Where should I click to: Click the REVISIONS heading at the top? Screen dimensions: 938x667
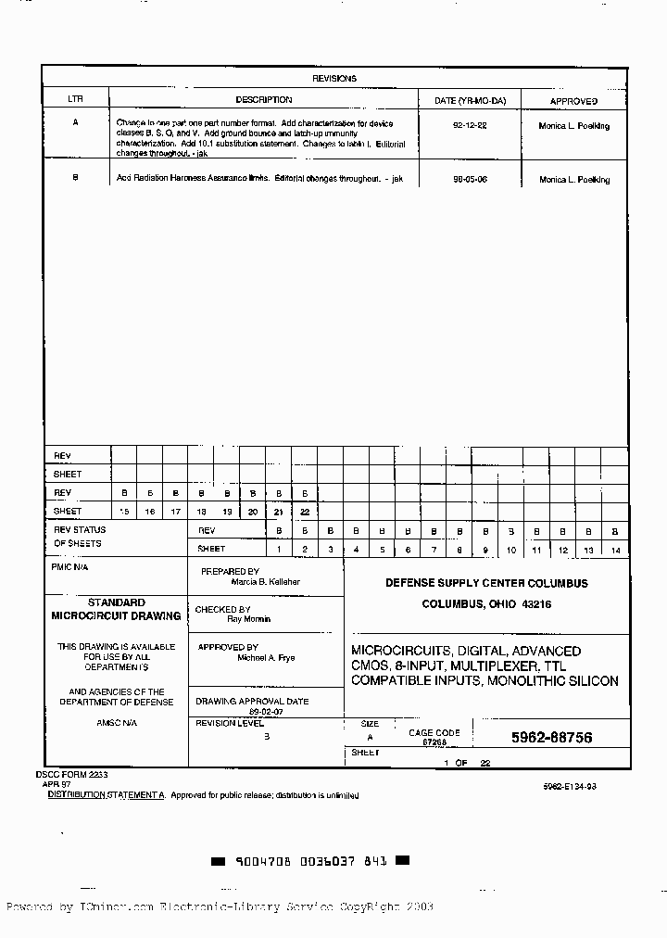coord(334,79)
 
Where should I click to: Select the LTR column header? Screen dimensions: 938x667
coord(75,100)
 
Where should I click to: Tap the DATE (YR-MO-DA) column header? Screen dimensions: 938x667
coord(471,100)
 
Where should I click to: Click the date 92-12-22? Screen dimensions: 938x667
coord(470,124)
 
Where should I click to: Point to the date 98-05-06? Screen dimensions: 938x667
coord(470,178)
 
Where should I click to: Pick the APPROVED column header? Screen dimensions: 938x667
coord(574,101)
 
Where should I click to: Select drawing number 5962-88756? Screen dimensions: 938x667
coord(551,738)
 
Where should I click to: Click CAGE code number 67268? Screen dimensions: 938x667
coord(435,742)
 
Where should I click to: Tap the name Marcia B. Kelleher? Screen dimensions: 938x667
coord(266,582)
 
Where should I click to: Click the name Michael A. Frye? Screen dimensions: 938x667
coord(266,658)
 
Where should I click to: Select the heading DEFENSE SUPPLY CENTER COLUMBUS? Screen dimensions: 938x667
coord(486,583)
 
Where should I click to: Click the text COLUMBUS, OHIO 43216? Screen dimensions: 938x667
coord(486,604)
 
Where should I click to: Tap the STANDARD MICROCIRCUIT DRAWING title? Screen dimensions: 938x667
coord(116,609)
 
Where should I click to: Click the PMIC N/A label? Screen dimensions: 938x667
coord(70,566)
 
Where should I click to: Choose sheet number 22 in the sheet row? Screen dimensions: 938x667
coord(304,512)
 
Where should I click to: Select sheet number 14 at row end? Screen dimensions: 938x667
coord(614,550)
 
